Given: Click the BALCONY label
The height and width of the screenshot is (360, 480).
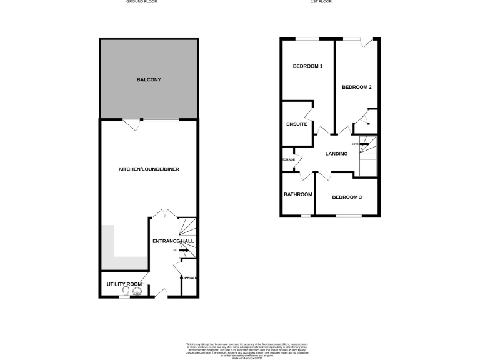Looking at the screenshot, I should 149,80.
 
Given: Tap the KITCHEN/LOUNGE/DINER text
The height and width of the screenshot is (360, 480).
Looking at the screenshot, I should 149,169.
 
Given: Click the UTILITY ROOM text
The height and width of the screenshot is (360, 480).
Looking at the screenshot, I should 124,284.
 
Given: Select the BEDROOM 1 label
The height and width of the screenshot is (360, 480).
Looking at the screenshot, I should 308,66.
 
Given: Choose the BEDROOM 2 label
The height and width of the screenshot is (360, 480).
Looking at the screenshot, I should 357,87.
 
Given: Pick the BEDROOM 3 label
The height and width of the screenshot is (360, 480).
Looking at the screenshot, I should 347,197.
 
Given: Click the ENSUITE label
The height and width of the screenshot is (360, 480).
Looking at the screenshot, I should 296,124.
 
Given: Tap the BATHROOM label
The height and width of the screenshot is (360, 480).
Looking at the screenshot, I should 298,194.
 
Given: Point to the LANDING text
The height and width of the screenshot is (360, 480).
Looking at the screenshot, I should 336,154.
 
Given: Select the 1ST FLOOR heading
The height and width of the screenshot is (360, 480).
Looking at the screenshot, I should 321,2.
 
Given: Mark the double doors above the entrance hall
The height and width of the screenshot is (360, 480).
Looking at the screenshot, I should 164,214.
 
